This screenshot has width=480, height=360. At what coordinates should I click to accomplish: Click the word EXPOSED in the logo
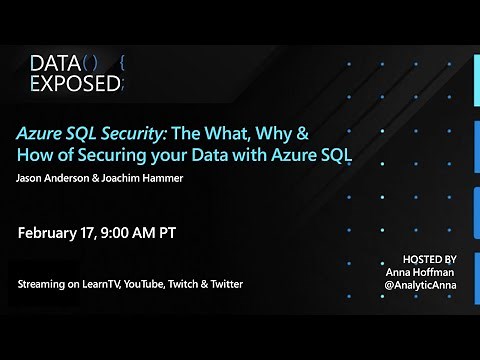point(74,85)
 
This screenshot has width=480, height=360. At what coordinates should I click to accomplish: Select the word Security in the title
point(117,134)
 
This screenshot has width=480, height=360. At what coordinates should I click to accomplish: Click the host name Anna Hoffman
point(425,271)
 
